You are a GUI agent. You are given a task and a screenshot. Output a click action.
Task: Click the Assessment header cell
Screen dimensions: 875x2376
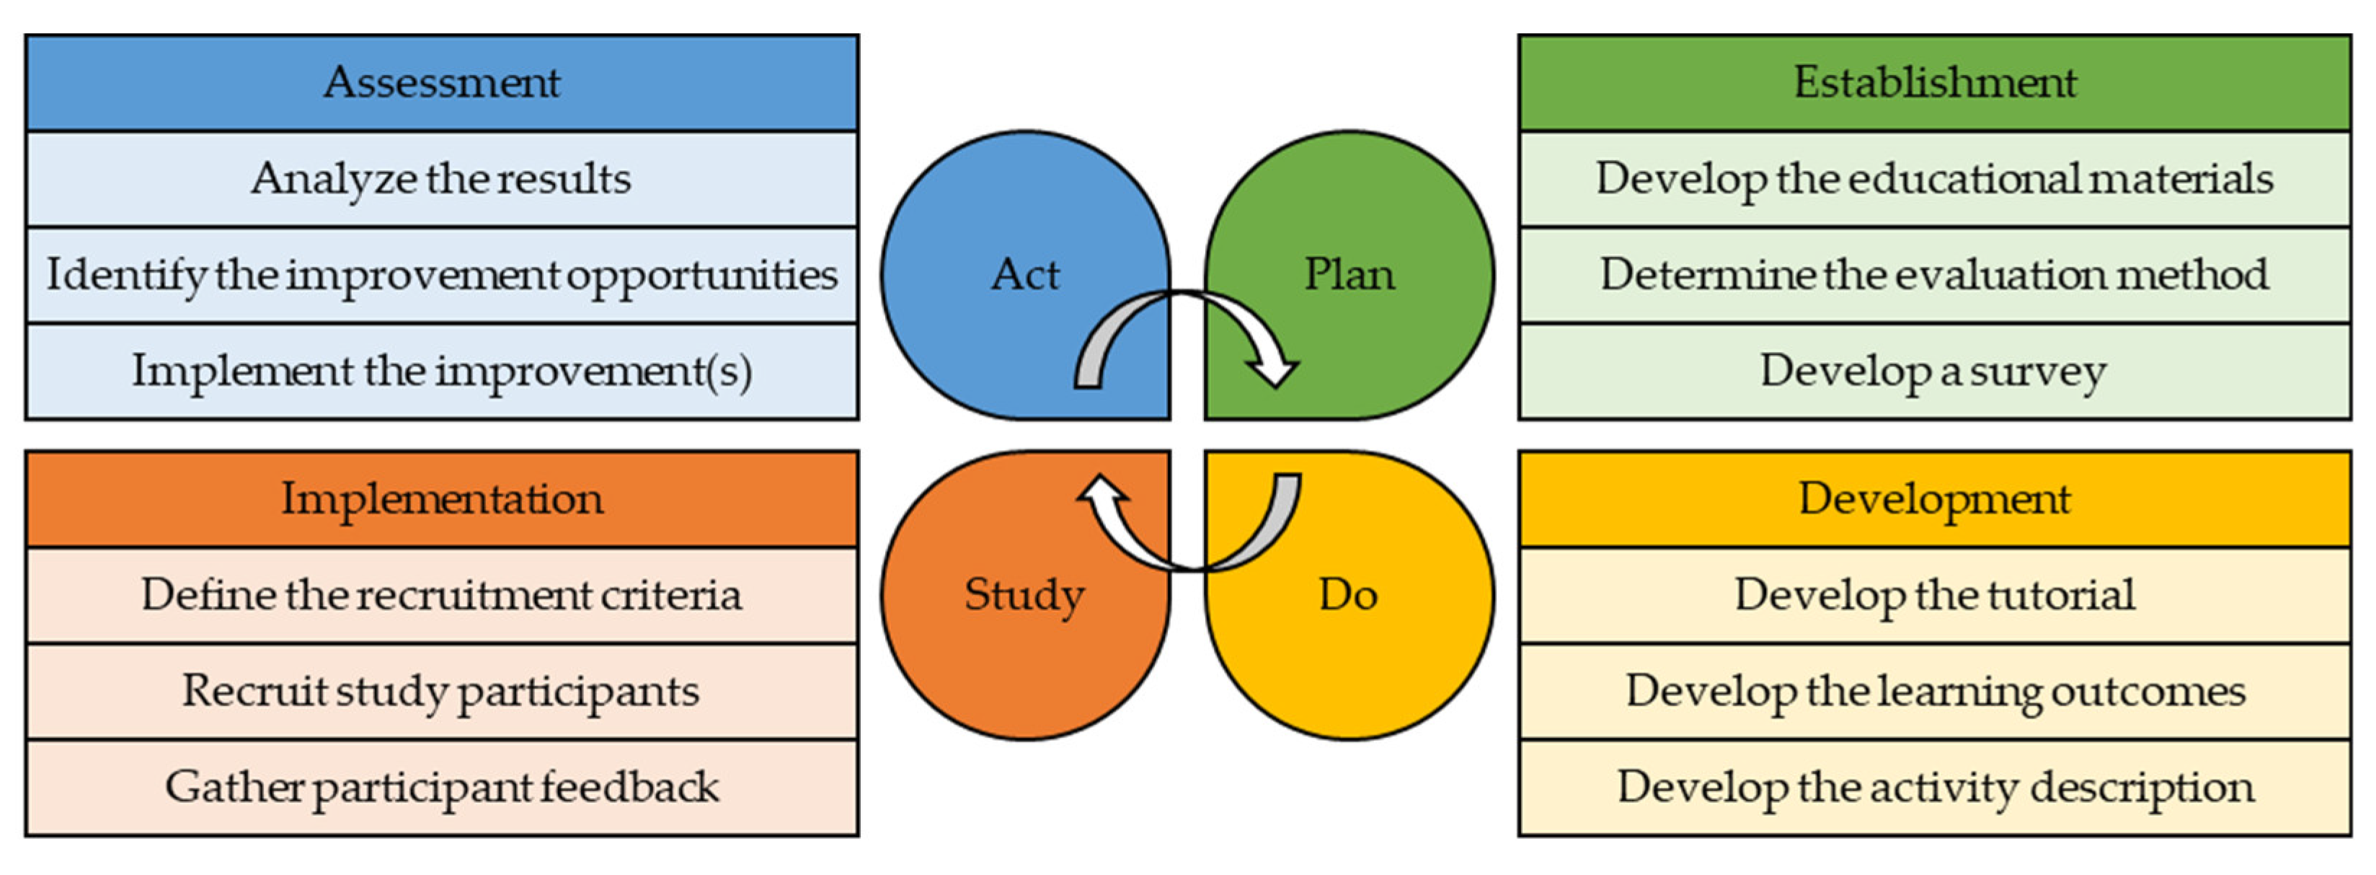click(442, 83)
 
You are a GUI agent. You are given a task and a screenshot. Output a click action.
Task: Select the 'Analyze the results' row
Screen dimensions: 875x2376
click(442, 179)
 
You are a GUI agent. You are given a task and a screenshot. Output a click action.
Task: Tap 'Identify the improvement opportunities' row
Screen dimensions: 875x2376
click(442, 275)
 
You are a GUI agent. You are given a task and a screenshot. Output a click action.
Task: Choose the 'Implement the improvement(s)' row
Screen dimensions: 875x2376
click(442, 371)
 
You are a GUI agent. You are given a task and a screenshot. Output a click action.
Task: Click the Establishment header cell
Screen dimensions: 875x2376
click(1934, 83)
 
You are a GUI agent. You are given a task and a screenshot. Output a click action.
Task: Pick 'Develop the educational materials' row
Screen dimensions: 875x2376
click(1934, 179)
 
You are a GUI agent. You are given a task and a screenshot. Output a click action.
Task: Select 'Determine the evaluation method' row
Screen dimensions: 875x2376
click(1934, 275)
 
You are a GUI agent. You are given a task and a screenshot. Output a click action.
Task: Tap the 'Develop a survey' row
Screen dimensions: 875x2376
click(1934, 371)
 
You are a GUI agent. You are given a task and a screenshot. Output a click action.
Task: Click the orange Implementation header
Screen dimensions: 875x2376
click(442, 499)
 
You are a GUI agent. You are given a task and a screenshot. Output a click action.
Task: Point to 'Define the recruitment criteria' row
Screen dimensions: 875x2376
click(442, 595)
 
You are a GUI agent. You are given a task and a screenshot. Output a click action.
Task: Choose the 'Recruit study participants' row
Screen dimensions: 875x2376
click(442, 691)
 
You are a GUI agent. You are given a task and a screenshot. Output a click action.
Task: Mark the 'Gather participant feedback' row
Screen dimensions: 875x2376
click(442, 787)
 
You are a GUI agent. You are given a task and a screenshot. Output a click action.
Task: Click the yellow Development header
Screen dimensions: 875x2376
click(1934, 499)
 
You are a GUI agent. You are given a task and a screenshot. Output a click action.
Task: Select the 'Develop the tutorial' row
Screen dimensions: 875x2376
click(1934, 595)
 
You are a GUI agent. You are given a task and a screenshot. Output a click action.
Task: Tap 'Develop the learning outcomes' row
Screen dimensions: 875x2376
click(1934, 691)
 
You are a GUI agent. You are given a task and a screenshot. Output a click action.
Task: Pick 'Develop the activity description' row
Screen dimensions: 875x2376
click(1934, 787)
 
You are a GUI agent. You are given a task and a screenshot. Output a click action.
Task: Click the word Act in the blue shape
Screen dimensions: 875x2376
click(1025, 275)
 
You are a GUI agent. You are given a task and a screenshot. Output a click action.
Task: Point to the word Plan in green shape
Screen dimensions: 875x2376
click(1349, 275)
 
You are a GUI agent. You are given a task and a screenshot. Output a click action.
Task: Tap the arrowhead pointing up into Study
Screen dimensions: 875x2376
click(1102, 489)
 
